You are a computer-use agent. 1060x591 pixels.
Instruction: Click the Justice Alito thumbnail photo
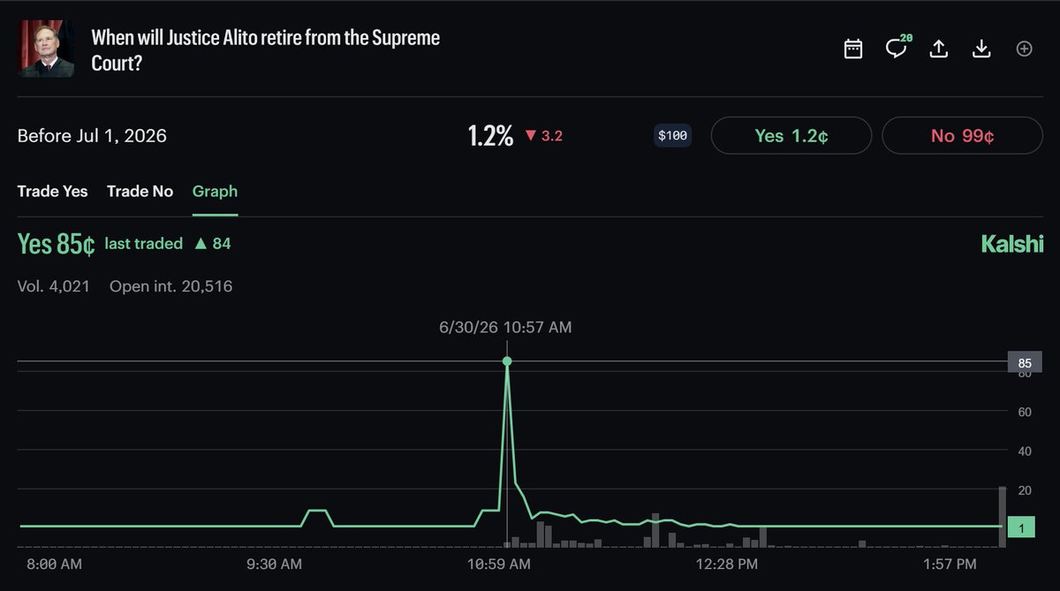pyautogui.click(x=46, y=49)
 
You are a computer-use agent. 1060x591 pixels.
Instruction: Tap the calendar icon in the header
pyautogui.click(x=852, y=49)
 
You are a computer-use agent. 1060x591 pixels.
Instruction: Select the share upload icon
pyautogui.click(x=938, y=49)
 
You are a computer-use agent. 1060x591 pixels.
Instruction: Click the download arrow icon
pyautogui.click(x=981, y=49)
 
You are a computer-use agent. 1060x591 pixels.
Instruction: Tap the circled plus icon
pyautogui.click(x=1024, y=49)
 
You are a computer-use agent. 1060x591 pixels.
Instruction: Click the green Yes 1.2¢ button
pyautogui.click(x=791, y=136)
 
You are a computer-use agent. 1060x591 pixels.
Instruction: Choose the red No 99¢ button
pyautogui.click(x=962, y=136)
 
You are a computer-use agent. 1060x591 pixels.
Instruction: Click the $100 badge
pyautogui.click(x=672, y=136)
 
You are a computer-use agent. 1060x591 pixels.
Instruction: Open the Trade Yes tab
pyautogui.click(x=52, y=191)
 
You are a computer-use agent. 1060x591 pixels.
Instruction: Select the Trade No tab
pyautogui.click(x=140, y=191)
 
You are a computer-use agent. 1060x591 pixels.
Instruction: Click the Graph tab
pyautogui.click(x=215, y=192)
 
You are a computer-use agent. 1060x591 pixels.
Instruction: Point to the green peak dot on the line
pyautogui.click(x=507, y=361)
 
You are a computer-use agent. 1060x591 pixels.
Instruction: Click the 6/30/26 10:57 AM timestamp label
pyautogui.click(x=505, y=327)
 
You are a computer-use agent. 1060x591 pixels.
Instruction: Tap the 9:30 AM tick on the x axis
pyautogui.click(x=274, y=564)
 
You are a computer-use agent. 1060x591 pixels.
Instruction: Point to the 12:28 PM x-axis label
pyautogui.click(x=726, y=564)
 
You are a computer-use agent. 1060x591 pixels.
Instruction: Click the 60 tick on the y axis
pyautogui.click(x=1025, y=413)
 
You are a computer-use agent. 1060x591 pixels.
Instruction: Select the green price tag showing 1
pyautogui.click(x=1021, y=527)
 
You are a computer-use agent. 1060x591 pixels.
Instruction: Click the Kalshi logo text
pyautogui.click(x=1012, y=244)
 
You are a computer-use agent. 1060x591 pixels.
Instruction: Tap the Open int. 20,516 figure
pyautogui.click(x=170, y=286)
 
